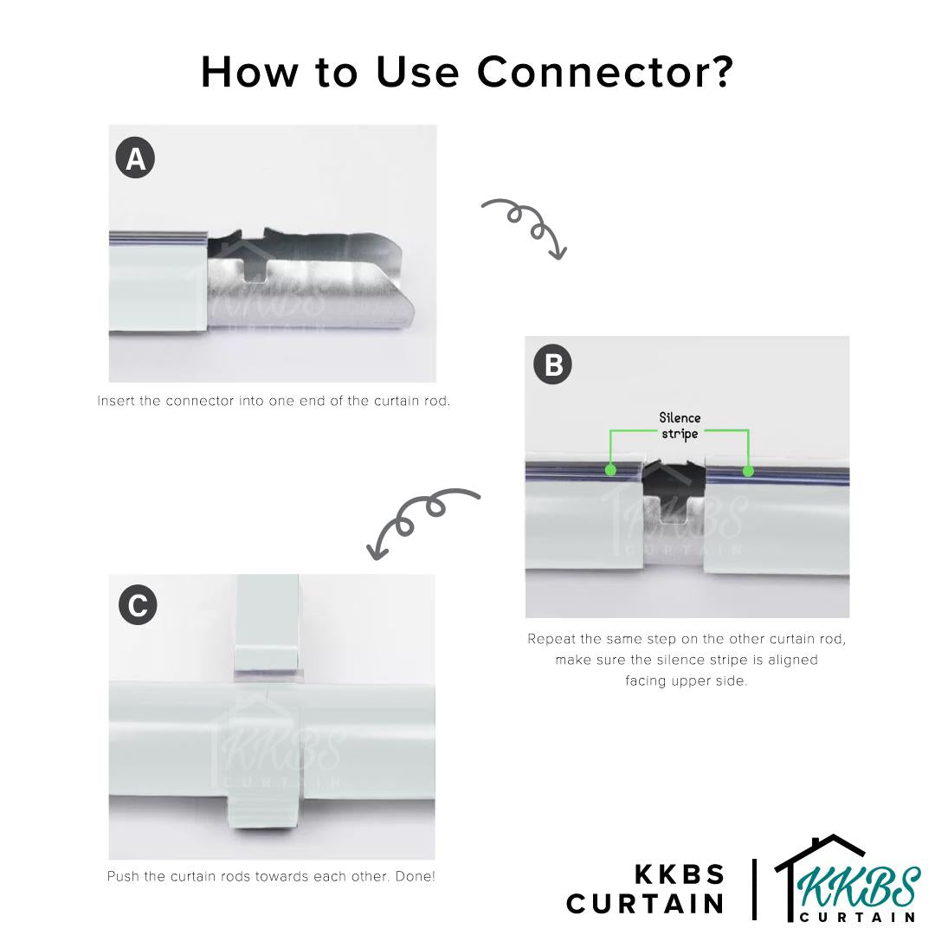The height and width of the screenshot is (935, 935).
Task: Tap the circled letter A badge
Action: coord(135,159)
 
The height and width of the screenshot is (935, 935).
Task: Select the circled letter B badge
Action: coord(553,364)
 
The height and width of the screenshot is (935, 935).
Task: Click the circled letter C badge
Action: coord(137,605)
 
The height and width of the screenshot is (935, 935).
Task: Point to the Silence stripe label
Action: coord(680,426)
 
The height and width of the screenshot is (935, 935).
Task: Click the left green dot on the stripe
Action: coord(611,470)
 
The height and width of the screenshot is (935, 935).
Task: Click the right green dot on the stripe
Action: coord(748,470)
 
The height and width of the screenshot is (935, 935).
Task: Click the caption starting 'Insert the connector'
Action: coord(274,402)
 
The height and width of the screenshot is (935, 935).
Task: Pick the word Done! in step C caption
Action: coord(414,876)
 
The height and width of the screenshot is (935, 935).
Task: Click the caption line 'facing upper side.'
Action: coord(687,681)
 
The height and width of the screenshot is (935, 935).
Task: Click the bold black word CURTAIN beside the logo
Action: coord(645,904)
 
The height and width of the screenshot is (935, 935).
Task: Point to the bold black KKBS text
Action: coord(680,874)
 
